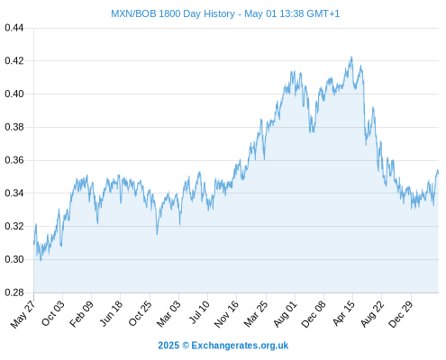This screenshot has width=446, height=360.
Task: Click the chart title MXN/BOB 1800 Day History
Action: coord(173,13)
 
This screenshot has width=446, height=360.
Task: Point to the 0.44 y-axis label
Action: coord(14,28)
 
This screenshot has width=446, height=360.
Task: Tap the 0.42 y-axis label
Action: coord(14,61)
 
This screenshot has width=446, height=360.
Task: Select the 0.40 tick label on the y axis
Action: coord(14,94)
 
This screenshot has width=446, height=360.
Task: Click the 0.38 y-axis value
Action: coord(14,127)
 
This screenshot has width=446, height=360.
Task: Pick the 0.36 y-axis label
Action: coord(14,160)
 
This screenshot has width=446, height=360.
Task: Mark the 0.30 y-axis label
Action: coord(14,259)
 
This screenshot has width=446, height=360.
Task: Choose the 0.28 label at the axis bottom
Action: coord(14,292)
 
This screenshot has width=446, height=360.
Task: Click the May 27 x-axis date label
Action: coord(23,314)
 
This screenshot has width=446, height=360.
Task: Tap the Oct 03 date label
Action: coord(53,313)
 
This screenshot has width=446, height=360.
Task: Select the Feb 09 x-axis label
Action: coord(81,314)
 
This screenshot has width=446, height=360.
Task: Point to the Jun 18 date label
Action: coord(111,313)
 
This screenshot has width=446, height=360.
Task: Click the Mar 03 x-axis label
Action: coord(168,314)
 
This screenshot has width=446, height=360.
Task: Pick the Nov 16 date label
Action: coord(226,314)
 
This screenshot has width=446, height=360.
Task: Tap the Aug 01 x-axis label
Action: coord(285,314)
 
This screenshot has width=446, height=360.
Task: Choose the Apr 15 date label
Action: coord(343,313)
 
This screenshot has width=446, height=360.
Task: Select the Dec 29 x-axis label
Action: coord(401,314)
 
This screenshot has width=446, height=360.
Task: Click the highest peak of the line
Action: coord(351,57)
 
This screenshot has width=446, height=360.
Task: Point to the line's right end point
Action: coord(438,174)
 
